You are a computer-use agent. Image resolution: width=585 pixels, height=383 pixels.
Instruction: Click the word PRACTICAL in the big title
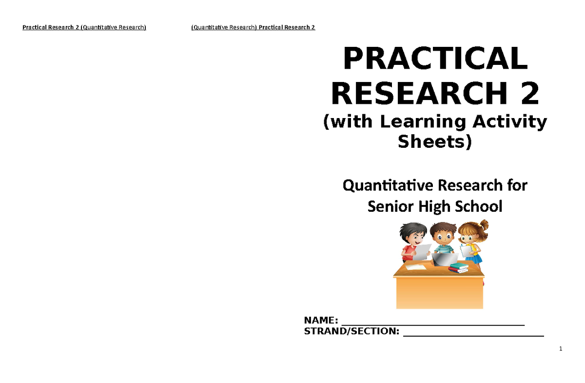tap(435, 60)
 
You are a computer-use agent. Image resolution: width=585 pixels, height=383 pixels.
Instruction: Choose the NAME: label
tap(321, 321)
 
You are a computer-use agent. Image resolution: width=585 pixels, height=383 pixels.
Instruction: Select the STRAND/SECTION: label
tap(351, 332)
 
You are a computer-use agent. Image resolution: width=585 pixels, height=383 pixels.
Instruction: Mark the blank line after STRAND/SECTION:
tap(473, 334)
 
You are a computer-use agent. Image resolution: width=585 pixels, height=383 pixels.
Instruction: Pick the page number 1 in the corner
tap(561, 349)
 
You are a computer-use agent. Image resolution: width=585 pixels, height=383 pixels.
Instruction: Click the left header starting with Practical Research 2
tap(84, 27)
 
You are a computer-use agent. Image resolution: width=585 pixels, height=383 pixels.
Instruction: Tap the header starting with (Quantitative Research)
tap(253, 27)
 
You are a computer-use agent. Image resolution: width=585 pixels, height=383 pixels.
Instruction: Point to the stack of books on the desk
tap(458, 267)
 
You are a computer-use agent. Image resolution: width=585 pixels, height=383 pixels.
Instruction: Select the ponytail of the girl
tap(484, 225)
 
